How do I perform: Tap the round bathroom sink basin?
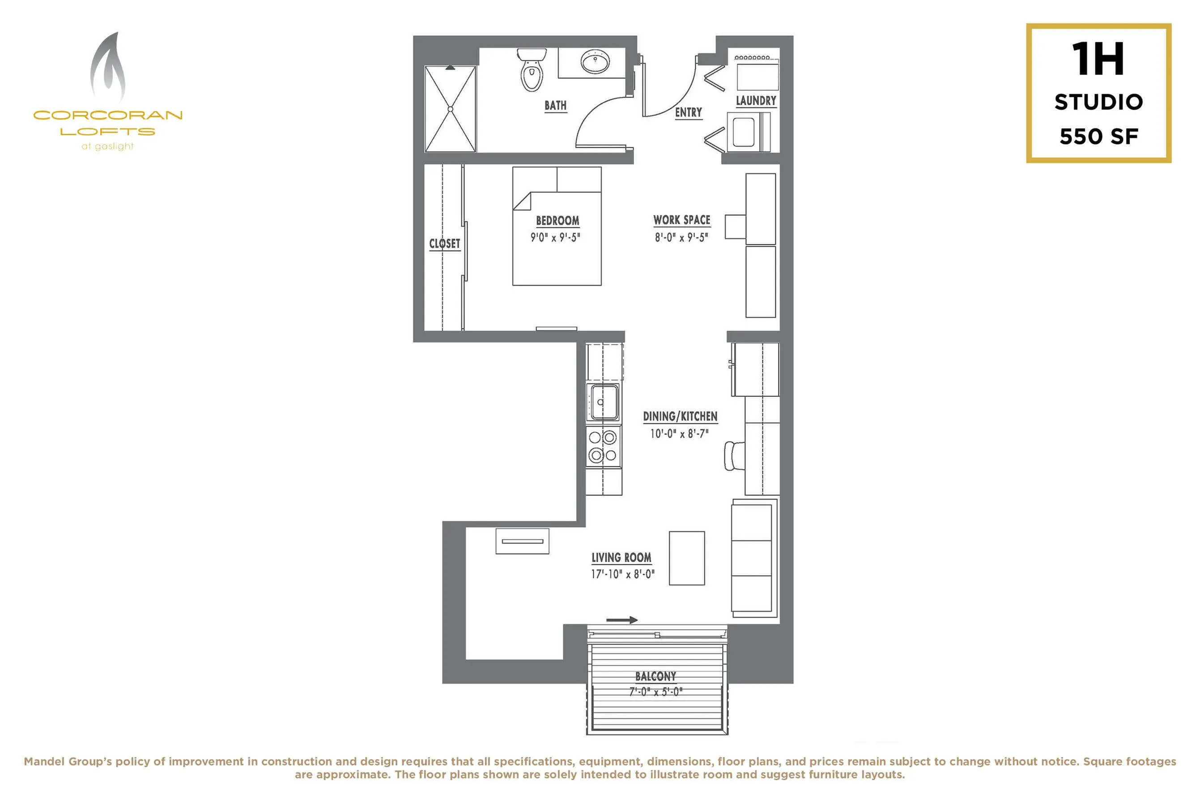(x=595, y=62)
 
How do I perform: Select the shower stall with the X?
(x=451, y=109)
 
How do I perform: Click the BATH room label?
(x=555, y=105)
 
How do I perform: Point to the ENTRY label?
(x=688, y=112)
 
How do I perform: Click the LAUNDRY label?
(x=756, y=101)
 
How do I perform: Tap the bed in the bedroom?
(x=557, y=226)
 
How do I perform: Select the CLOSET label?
(x=444, y=243)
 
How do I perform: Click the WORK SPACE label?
(x=681, y=220)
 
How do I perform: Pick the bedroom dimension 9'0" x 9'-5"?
(x=555, y=237)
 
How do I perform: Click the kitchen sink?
(x=603, y=402)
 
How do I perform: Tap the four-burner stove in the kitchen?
(x=603, y=446)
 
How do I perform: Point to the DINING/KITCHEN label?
(x=680, y=416)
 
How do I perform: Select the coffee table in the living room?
(x=687, y=558)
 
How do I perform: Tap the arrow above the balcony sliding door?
(x=622, y=620)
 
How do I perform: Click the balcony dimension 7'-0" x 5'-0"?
(x=655, y=692)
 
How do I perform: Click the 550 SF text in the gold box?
(x=1099, y=137)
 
